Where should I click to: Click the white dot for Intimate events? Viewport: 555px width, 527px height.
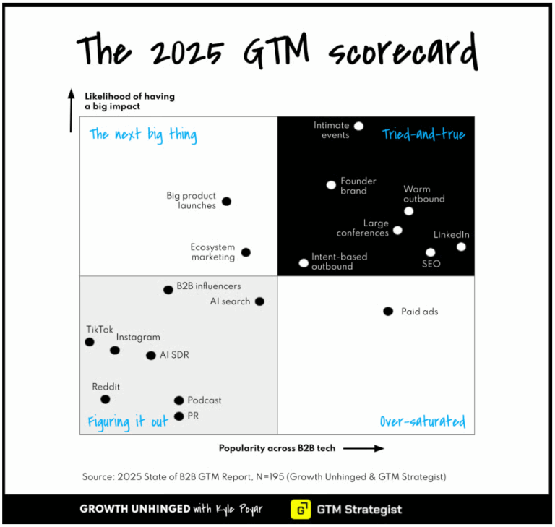pos(358,127)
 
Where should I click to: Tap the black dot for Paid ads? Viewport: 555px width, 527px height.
pos(388,312)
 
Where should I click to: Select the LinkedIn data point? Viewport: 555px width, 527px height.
pos(461,247)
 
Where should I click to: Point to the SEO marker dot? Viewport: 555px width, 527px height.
pos(431,253)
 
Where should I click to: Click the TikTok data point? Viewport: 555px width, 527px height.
pos(90,342)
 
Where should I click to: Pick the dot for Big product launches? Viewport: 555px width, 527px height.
pos(226,202)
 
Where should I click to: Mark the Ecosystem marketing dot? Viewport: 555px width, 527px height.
pos(246,252)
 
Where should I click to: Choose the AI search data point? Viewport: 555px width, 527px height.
pos(259,301)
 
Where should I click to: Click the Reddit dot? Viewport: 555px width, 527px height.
pos(106,400)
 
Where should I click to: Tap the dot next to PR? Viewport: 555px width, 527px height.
pos(179,416)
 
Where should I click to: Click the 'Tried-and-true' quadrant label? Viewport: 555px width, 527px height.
pos(423,134)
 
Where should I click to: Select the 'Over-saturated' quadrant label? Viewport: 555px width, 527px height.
pos(423,421)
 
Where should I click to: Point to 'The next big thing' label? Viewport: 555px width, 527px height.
pos(143,135)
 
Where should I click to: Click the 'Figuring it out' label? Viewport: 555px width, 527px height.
pos(128,422)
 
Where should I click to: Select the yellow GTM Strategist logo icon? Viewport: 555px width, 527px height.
pos(301,509)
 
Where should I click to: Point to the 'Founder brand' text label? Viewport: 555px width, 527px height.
pos(358,186)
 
